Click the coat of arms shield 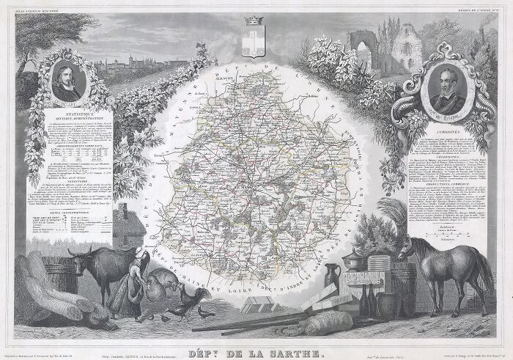point(256,42)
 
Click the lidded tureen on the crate point(355,257)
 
